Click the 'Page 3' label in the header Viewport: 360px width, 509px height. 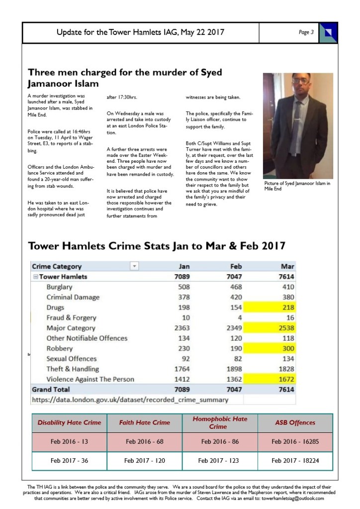[x=306, y=32]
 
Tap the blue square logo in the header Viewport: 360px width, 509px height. [x=328, y=32]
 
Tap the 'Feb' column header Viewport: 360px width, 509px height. [x=236, y=266]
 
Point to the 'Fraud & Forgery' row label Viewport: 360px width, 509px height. [x=71, y=318]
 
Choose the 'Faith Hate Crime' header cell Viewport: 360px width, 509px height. [x=144, y=422]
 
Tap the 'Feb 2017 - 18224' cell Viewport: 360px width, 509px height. [x=295, y=460]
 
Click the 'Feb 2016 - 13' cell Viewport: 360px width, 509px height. [x=69, y=441]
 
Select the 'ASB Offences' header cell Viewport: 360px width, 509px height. [x=295, y=422]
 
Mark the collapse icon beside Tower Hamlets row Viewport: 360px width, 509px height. [x=35, y=277]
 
